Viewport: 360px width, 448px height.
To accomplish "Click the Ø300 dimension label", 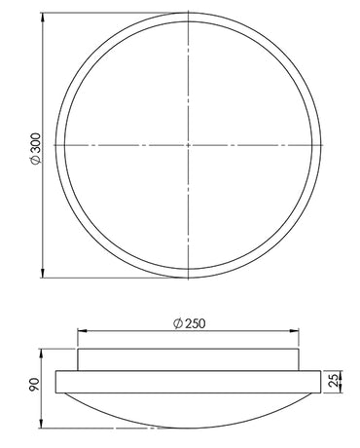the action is (x=35, y=148).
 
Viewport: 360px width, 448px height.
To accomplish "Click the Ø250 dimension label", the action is (x=190, y=323).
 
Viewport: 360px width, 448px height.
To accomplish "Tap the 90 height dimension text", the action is (x=34, y=384).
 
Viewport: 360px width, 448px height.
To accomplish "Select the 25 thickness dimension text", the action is (x=334, y=380).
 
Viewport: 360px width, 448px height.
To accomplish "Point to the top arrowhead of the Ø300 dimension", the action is (x=42, y=18).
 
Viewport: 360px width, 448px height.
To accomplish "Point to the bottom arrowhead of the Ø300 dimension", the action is (x=42, y=273).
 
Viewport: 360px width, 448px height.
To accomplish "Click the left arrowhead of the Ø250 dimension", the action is (x=83, y=331).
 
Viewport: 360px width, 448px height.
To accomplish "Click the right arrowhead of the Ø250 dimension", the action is (x=294, y=331).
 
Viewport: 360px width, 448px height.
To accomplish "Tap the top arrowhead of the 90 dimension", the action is (x=42, y=354).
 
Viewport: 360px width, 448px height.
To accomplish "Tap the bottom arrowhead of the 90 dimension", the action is (x=42, y=424).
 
